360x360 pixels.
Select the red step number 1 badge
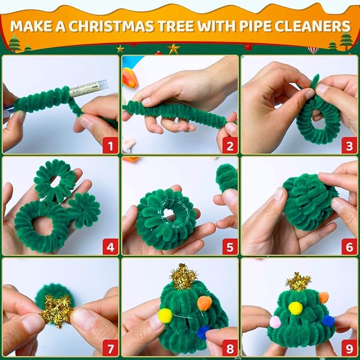(x=110, y=146)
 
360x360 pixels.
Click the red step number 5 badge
(x=230, y=247)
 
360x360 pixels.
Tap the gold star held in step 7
(x=57, y=311)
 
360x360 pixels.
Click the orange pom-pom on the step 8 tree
(x=204, y=303)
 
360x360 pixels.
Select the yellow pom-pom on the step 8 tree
(x=165, y=315)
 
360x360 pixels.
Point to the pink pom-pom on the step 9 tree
(x=275, y=322)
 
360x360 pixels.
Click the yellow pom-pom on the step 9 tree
(x=295, y=308)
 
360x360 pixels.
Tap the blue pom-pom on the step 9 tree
(x=328, y=321)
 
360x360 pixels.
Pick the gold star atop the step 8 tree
(x=183, y=276)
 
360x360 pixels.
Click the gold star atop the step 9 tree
(x=298, y=282)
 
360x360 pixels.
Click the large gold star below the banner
(x=173, y=49)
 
